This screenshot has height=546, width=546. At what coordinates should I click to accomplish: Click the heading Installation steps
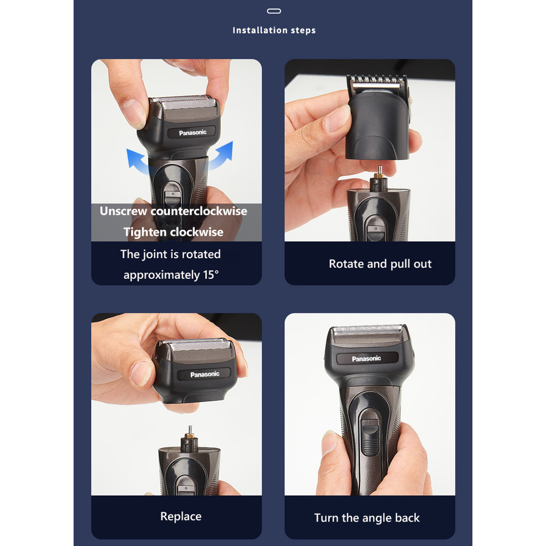pos(274,30)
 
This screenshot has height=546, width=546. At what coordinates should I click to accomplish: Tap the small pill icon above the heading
pos(274,11)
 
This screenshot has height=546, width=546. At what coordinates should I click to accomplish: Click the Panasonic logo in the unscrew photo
pos(192,133)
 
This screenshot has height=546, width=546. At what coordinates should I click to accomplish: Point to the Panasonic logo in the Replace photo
pos(205,374)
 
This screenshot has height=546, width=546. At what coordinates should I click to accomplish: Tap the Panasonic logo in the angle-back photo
pos(366,359)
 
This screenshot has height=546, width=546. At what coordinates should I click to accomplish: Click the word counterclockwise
pos(199,211)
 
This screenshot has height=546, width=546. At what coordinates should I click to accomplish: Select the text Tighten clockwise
pos(173,232)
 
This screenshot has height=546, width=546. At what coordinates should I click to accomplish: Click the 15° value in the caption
pos(211,275)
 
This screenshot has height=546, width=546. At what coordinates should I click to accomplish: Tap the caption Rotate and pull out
pos(380,264)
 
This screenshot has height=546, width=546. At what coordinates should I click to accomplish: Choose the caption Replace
pos(181,516)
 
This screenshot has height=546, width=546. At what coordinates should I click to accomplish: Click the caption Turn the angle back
pos(367,518)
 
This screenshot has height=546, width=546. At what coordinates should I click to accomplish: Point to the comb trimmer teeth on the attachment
pos(377,81)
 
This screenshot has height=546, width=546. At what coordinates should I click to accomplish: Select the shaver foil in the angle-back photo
pos(367,330)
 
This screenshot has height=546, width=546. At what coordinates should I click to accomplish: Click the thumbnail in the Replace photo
pos(141,374)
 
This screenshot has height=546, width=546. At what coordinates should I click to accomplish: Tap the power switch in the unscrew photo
pos(173,198)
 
